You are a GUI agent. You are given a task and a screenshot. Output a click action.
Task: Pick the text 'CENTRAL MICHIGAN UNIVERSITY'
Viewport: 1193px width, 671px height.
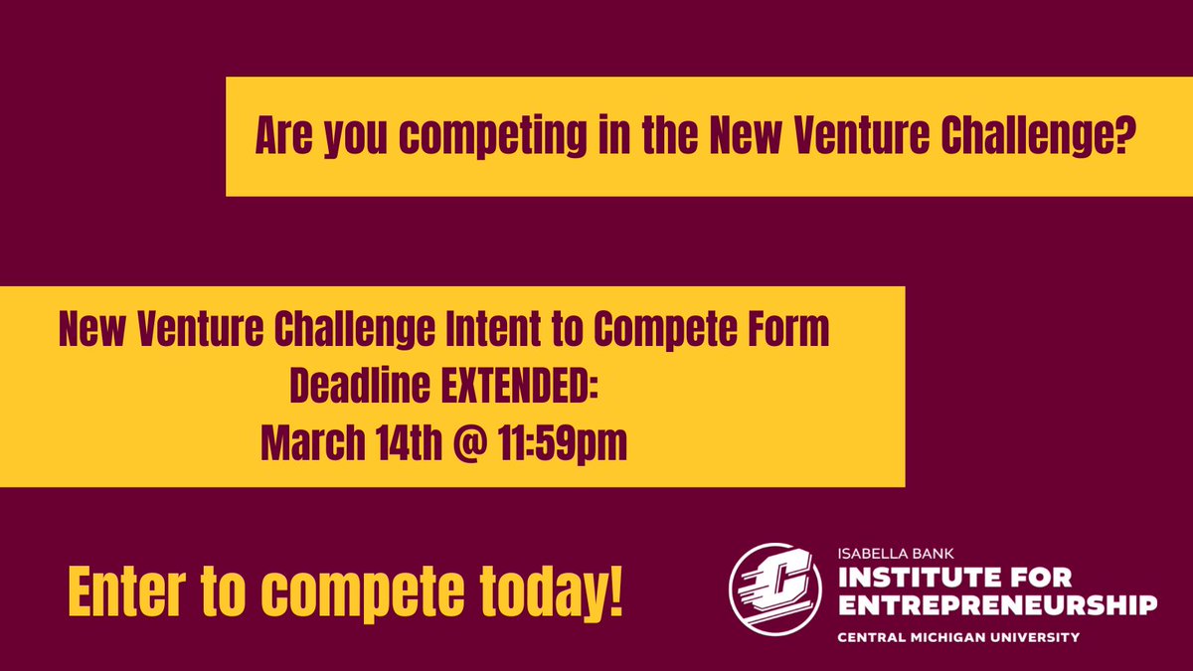[959, 636]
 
